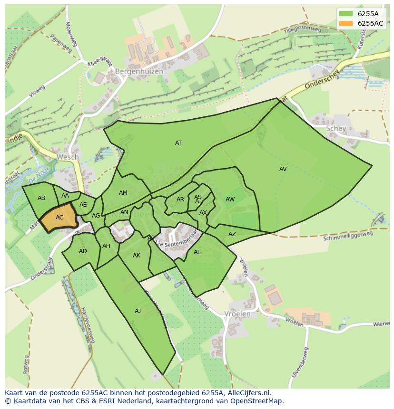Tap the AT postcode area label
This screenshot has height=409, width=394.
click(x=178, y=143)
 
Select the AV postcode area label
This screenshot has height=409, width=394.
click(x=283, y=169)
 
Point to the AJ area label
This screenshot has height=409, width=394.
click(x=138, y=311)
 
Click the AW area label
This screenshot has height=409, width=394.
click(x=230, y=200)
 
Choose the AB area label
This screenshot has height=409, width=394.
click(x=41, y=198)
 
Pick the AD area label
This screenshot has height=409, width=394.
click(x=83, y=251)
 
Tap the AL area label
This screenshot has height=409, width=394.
click(x=197, y=252)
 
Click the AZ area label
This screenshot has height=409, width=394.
click(x=232, y=234)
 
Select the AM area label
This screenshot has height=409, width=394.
click(x=123, y=193)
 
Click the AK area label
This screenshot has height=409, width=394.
click(x=137, y=256)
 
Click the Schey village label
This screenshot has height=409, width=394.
click(x=336, y=129)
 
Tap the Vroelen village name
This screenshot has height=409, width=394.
click(x=237, y=314)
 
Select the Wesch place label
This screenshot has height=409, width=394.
click(x=68, y=157)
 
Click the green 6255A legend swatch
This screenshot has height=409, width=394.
click(x=346, y=14)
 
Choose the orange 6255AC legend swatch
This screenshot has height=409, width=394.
click(x=346, y=23)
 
